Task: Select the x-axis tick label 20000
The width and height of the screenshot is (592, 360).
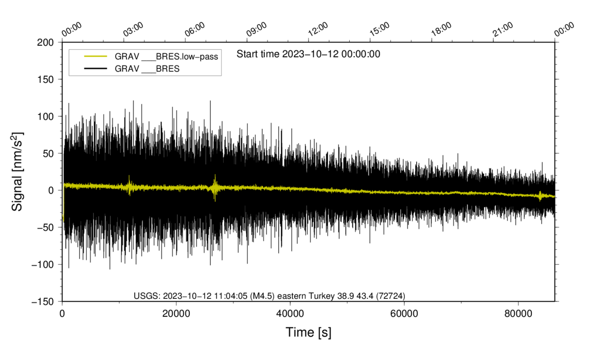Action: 176,314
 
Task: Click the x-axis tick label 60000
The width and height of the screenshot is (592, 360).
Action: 404,314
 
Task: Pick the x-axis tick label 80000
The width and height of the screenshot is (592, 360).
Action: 518,314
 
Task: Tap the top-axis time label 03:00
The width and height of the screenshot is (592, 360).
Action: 133,30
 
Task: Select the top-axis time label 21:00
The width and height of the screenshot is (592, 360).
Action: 503,30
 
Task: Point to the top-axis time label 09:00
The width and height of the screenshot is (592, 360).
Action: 256,30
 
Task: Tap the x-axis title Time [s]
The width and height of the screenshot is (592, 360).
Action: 309,333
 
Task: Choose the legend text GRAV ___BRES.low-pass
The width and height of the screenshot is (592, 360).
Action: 167,57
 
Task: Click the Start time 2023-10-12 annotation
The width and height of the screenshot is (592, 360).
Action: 308,54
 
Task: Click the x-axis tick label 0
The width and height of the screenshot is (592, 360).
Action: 62,314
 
